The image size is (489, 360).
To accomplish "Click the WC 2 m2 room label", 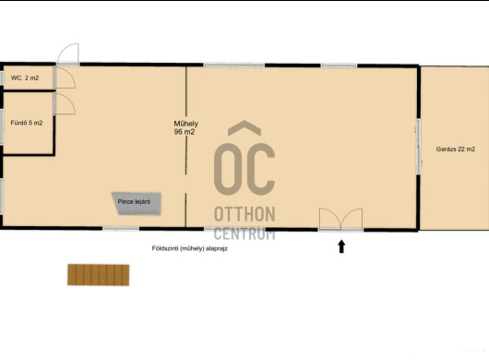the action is point(25,78).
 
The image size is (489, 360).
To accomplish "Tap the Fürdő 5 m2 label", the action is point(27,123).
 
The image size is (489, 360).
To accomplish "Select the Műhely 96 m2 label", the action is point(185,128).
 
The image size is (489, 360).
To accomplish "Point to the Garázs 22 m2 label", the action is point(455,150).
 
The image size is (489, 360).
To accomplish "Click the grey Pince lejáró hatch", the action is point(137,204).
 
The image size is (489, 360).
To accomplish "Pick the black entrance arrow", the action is point(341,246).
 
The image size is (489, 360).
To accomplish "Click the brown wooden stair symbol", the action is point(98,275).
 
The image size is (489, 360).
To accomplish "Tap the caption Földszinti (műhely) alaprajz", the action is point(190,248).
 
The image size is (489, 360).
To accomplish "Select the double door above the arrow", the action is point(340,220).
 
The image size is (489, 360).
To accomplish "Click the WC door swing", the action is point(65,78).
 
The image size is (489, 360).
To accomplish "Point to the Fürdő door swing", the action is point(65,103).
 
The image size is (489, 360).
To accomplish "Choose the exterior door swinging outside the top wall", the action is point(68,54).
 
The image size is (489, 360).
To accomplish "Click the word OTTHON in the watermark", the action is point(244,214).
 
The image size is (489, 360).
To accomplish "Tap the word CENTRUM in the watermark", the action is point(244,234).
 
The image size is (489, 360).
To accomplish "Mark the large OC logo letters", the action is point(244,169).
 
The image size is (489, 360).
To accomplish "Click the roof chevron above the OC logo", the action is point(244,128).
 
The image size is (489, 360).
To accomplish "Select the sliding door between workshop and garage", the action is point(419,147).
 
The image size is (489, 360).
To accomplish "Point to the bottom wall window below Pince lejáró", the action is point(121,229).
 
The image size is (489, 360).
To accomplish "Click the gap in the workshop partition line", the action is point(186,184).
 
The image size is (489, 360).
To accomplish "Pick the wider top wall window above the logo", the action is point(234,66).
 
